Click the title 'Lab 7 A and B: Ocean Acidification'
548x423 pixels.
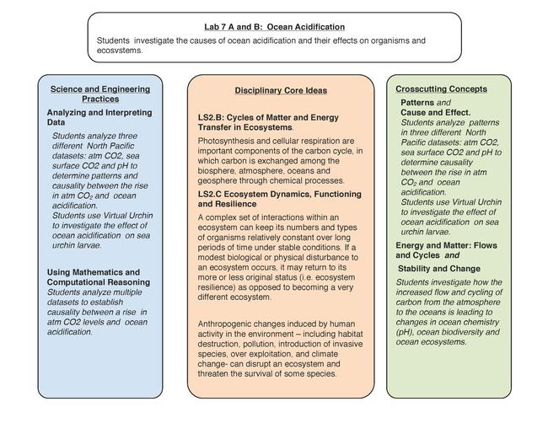tap(274, 27)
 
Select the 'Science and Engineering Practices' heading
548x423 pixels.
tap(99, 94)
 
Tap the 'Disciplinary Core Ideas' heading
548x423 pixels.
tap(280, 90)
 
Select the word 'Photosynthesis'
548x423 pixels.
tap(227, 140)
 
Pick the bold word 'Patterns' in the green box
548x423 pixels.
tap(417, 102)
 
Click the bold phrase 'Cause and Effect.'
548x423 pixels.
tap(435, 112)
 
